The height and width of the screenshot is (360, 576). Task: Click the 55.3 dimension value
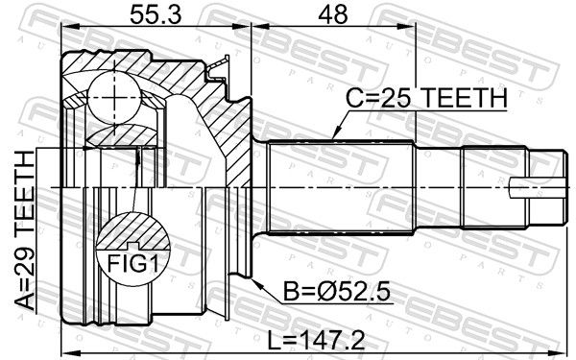point(156,15)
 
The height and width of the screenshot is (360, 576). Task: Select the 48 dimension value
point(333,15)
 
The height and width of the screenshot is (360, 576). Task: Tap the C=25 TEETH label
point(426,98)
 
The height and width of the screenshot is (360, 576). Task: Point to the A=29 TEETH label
point(25,231)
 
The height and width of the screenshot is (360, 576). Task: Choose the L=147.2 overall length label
point(316,340)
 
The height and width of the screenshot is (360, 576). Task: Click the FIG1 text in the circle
point(133,263)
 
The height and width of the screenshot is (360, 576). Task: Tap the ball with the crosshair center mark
point(114,97)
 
